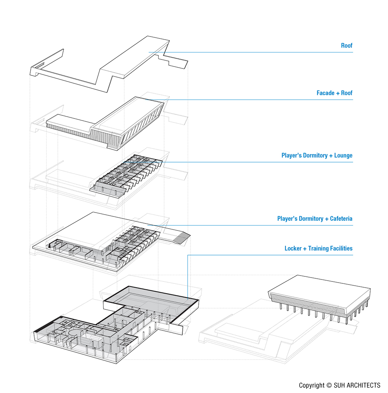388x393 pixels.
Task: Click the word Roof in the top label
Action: [x=346, y=46]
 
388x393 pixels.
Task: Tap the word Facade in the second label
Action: [x=326, y=93]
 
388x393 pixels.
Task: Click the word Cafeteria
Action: [x=341, y=219]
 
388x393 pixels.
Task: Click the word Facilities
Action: [x=343, y=248]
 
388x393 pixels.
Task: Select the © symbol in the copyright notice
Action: [x=329, y=386]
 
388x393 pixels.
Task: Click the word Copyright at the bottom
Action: [x=312, y=386]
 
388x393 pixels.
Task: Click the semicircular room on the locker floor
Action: [x=75, y=332]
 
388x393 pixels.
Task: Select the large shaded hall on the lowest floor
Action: [x=153, y=300]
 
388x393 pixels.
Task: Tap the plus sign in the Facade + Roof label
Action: [x=337, y=93]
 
